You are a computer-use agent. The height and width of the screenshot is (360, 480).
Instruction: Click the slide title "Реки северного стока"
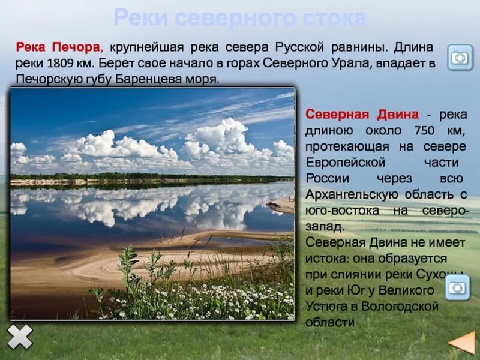239,18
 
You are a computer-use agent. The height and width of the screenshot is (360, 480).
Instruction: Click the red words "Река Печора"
59,47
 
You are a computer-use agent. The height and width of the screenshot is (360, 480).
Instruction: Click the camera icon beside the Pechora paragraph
460,58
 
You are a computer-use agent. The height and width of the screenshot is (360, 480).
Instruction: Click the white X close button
20,337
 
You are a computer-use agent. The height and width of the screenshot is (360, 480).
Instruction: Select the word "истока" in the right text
326,259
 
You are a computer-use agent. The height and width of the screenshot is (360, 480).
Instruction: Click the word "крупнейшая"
146,47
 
